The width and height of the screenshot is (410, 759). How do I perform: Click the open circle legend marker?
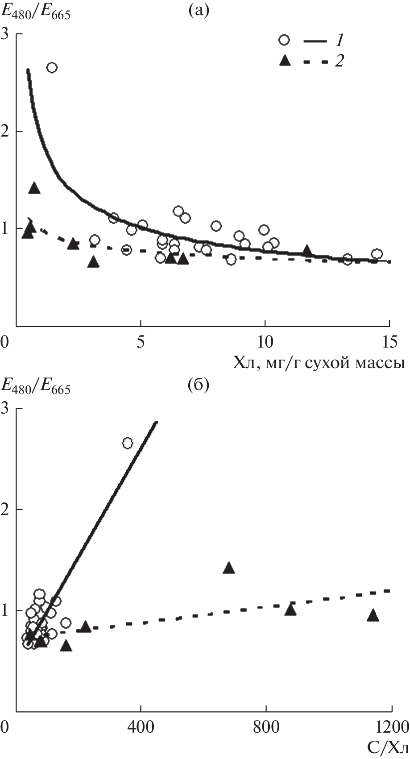pyautogui.click(x=284, y=40)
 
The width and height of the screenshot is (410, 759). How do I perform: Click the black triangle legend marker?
pyautogui.click(x=284, y=61)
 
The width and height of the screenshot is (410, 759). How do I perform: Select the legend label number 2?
pyautogui.click(x=339, y=62)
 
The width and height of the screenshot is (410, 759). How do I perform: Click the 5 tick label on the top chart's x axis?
pyautogui.click(x=141, y=342)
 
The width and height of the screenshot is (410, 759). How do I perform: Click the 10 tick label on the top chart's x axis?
pyautogui.click(x=265, y=342)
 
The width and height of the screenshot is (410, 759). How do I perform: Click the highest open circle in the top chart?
pyautogui.click(x=52, y=67)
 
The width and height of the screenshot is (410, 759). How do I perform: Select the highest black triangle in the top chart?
pyautogui.click(x=34, y=188)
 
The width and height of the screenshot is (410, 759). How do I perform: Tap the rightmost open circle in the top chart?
pyautogui.click(x=377, y=254)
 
